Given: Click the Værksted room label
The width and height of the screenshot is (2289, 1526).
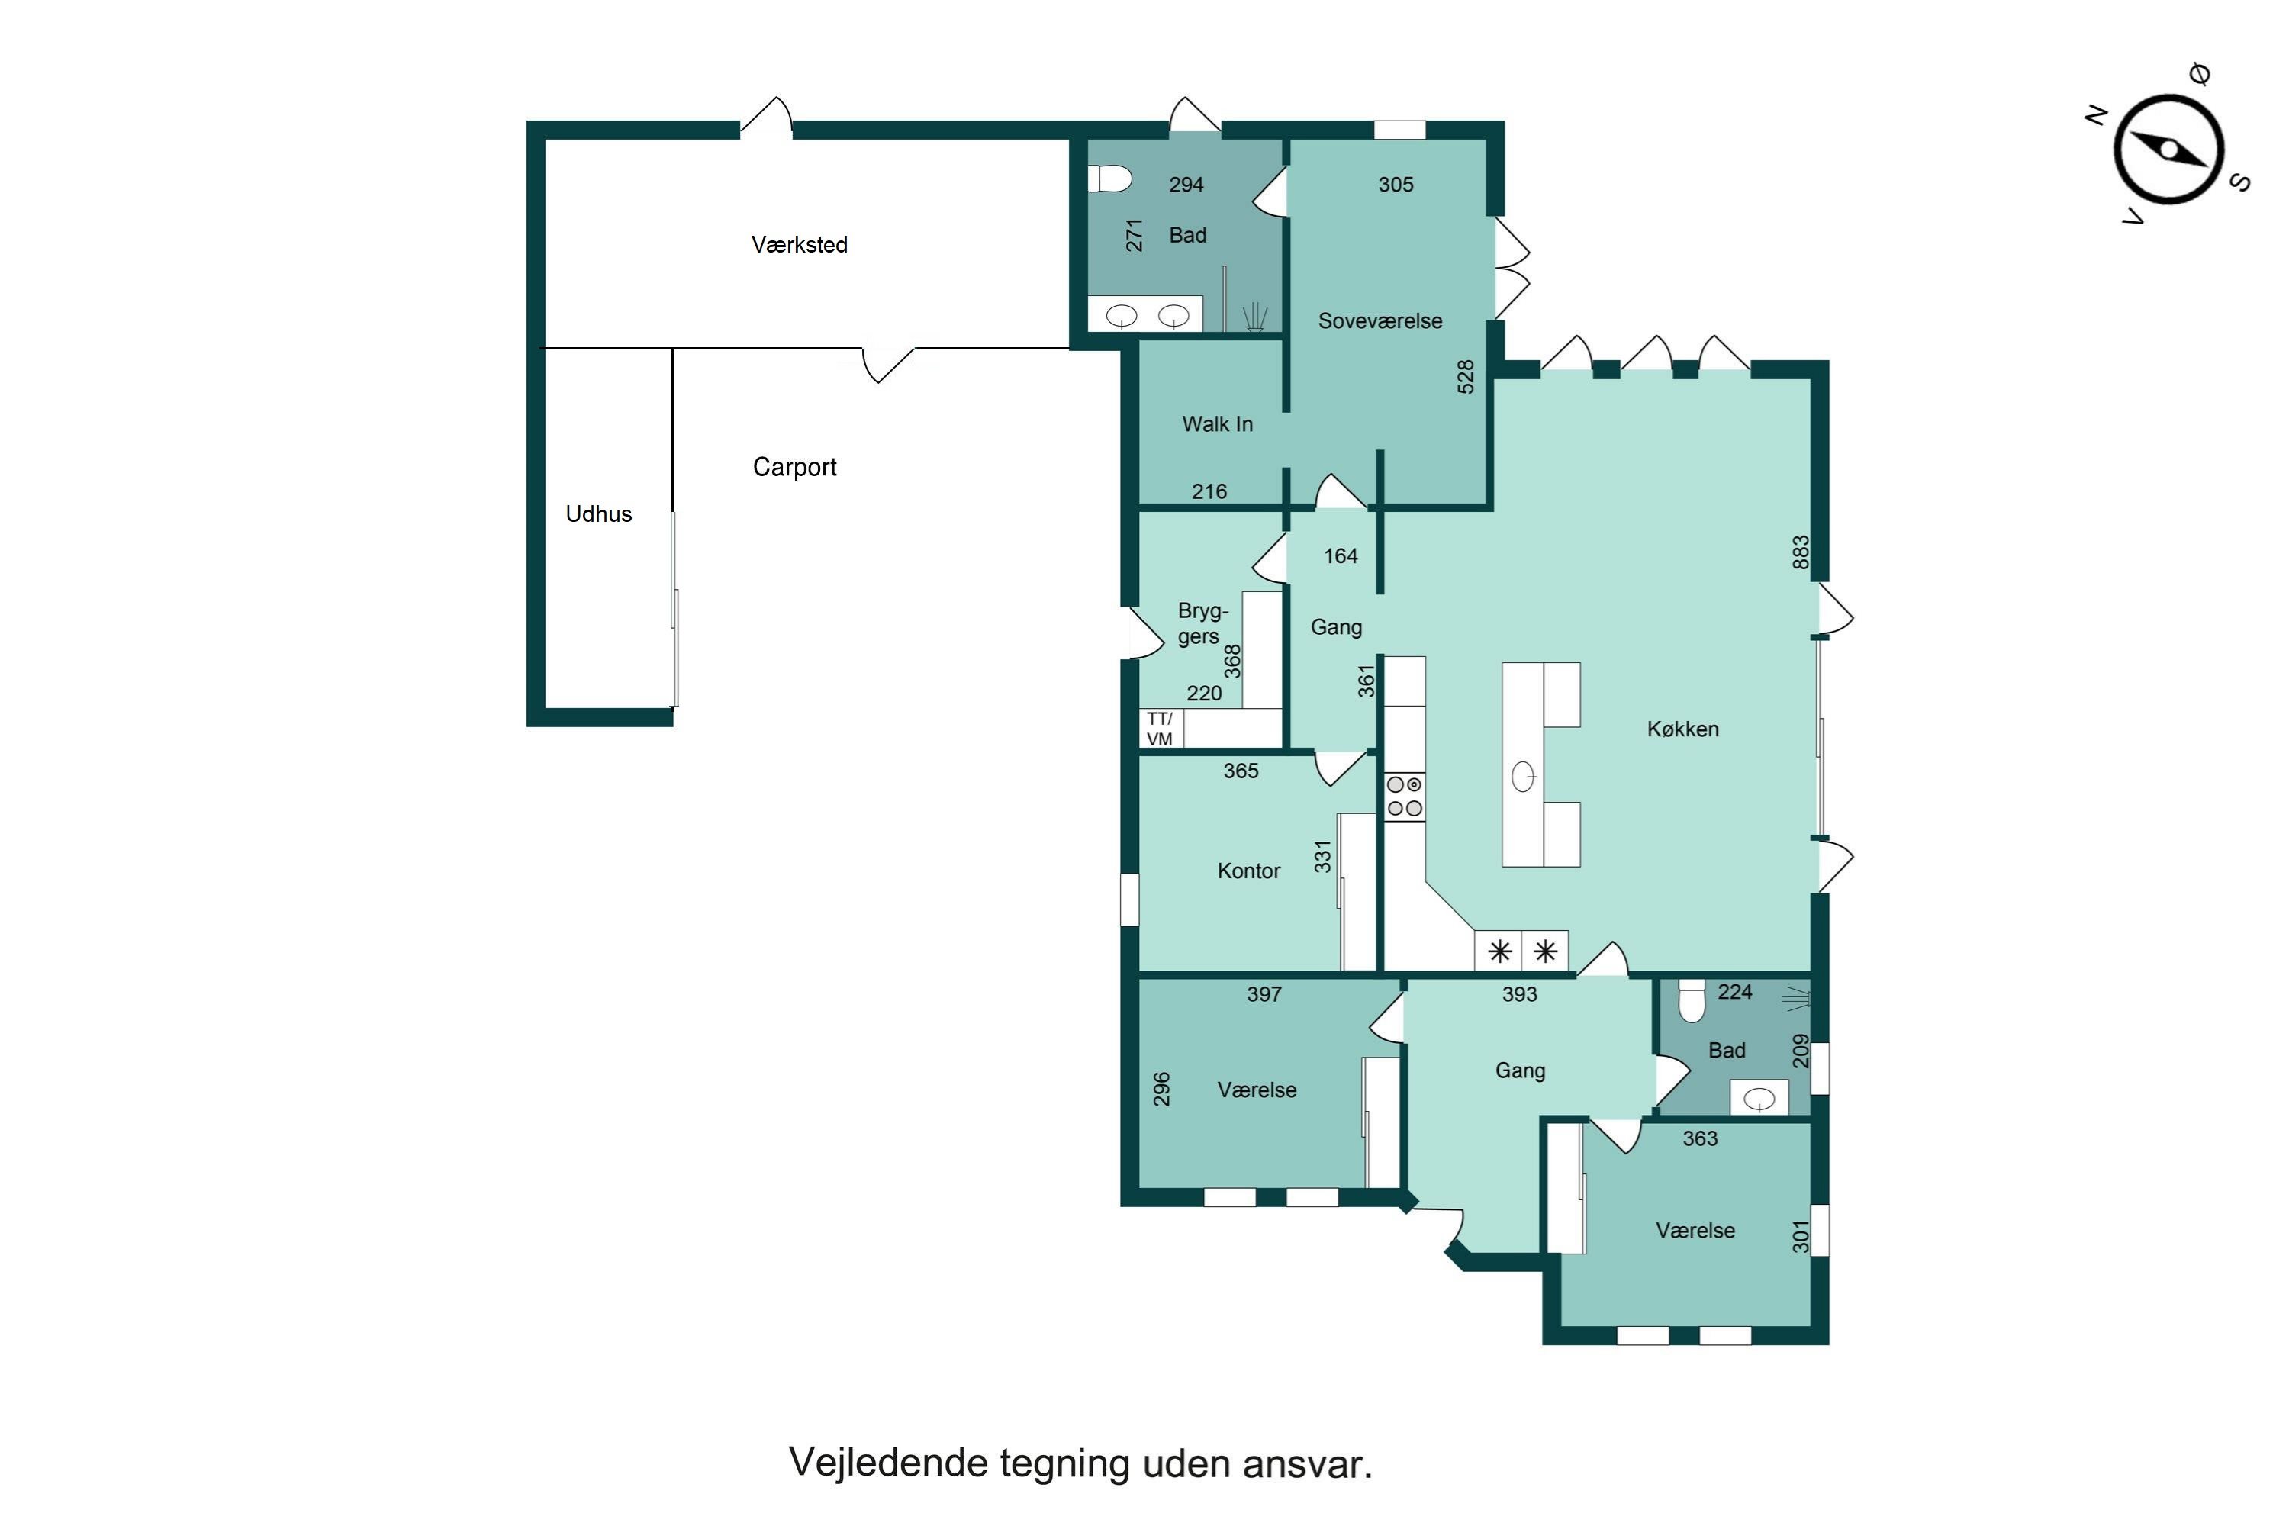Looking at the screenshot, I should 799,244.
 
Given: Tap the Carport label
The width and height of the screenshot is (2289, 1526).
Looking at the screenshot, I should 794,467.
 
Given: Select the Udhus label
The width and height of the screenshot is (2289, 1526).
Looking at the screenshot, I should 598,513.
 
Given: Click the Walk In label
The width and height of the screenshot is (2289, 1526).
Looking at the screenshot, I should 1216,424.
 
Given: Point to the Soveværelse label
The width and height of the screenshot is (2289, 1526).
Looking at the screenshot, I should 1379,321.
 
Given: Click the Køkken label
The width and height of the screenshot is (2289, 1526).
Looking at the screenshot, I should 1682,729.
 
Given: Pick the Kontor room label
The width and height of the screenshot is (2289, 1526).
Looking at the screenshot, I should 1248,871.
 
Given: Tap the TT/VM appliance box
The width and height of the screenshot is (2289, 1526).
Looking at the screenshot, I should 1160,729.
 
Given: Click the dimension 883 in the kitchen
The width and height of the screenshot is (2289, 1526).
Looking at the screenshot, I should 1801,552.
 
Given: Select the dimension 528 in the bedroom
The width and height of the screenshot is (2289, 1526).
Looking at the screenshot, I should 1466,377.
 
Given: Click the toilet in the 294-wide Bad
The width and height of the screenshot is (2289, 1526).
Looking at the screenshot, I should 1110,179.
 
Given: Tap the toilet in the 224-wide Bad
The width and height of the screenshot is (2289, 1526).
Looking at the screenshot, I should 1692,1003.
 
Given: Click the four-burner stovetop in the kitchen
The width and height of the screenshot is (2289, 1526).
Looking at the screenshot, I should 1405,796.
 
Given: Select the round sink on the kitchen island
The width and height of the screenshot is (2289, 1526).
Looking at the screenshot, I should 1524,777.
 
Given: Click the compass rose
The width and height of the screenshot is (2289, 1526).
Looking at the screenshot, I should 2168,150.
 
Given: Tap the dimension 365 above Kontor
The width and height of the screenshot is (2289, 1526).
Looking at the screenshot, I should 1240,771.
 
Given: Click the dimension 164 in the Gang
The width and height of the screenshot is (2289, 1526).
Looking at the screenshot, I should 1340,555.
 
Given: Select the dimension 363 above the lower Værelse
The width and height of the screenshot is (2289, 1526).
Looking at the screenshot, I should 1699,1138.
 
